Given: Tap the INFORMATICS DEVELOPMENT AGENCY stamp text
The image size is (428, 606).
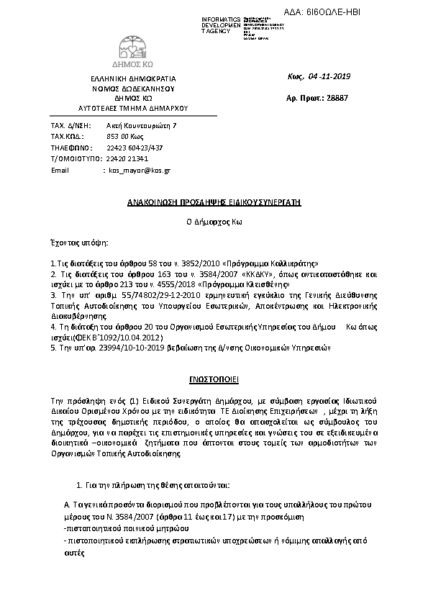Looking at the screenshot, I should click(x=220, y=24).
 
